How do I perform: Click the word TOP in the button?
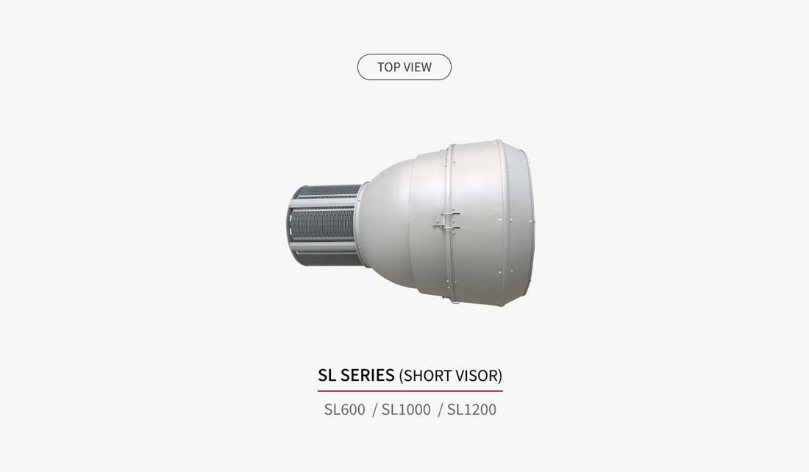click(x=388, y=67)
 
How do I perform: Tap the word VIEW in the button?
click(x=418, y=67)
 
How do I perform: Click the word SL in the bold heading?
click(x=327, y=375)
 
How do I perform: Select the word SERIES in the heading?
click(x=367, y=375)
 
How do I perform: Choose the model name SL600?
click(x=344, y=410)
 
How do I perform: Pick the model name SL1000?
click(x=406, y=410)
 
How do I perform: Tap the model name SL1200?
click(x=471, y=410)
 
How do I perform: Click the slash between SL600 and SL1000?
click(x=374, y=410)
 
